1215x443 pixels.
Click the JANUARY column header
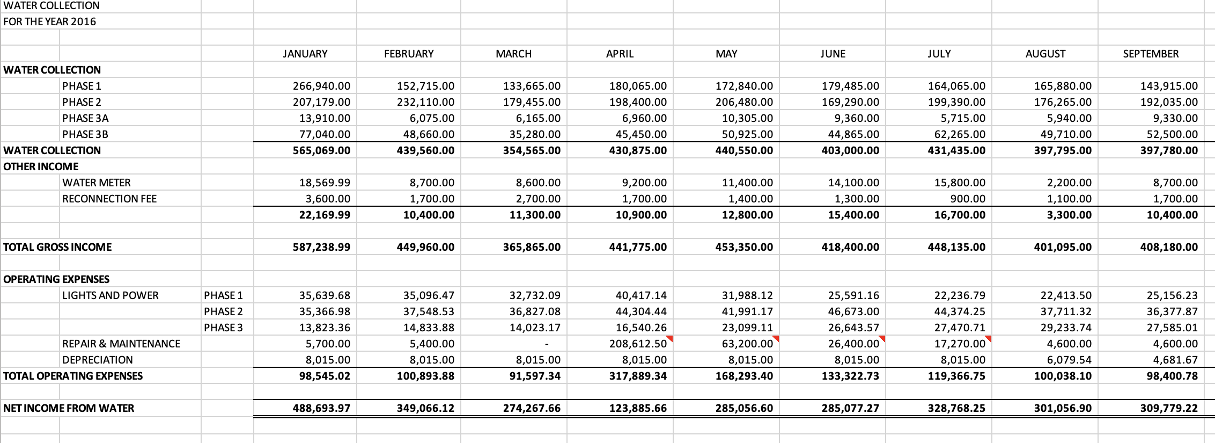coord(305,54)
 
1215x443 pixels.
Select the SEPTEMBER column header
coord(1151,54)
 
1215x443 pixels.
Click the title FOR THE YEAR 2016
coord(49,21)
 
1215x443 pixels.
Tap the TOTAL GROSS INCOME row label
coord(57,247)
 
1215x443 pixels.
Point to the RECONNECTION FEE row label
coord(109,199)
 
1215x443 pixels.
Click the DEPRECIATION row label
coord(98,360)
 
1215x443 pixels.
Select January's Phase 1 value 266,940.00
coord(321,86)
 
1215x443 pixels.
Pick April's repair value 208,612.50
coord(638,344)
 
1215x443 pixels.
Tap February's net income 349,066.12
coord(425,408)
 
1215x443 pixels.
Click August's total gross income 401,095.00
coord(1063,247)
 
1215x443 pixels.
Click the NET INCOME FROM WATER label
coord(69,408)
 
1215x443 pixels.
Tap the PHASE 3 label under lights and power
coord(223,328)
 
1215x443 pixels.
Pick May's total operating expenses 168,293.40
coord(744,376)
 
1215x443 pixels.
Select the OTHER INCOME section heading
coord(41,166)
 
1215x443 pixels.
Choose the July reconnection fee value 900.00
coord(968,199)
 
